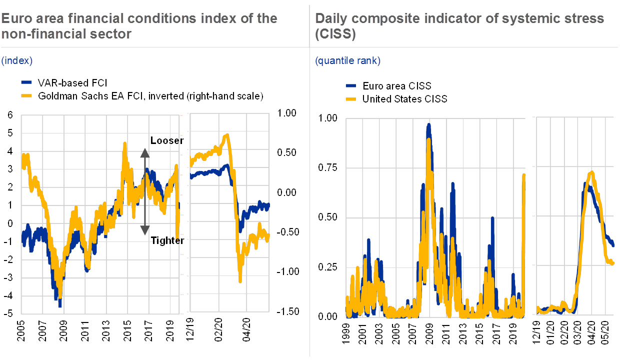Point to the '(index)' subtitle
click(16, 60)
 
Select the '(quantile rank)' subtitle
click(347, 60)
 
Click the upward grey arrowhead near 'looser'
click(144, 152)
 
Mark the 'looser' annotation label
click(166, 141)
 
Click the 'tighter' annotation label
click(166, 240)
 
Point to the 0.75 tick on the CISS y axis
click(328, 167)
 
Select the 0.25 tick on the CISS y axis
click(328, 266)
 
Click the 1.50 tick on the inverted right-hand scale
click(289, 310)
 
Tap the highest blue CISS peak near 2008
click(428, 125)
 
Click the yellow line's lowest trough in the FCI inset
click(240, 281)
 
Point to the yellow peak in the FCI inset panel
click(227, 135)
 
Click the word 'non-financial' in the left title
click(33, 34)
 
